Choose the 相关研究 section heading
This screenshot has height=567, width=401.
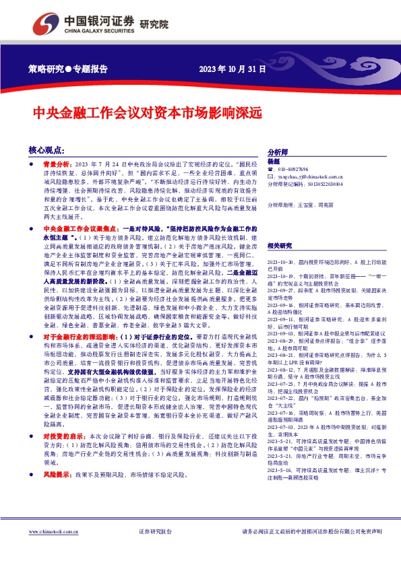point(280,246)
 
